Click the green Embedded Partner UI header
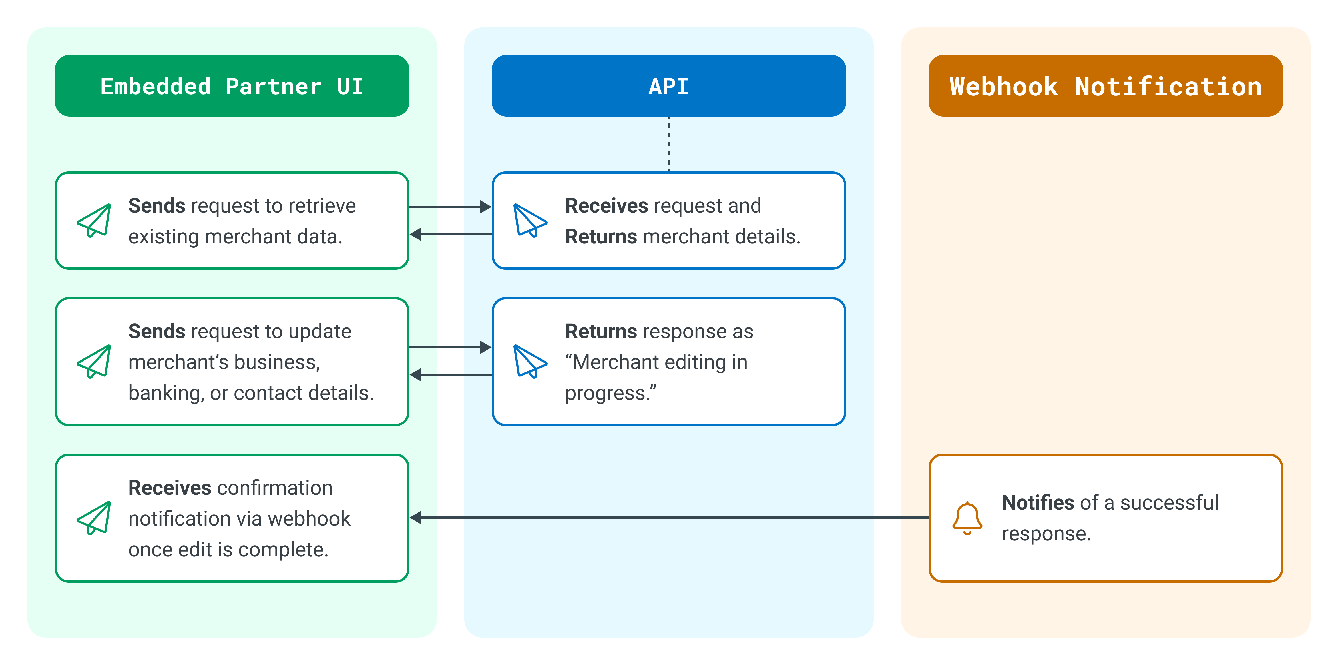232,86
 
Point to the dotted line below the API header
669,144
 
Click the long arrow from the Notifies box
669,518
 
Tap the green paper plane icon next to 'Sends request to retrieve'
94,220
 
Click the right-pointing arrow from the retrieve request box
450,207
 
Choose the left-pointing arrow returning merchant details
450,234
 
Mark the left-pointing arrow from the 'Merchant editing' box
450,374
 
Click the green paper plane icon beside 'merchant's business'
94,361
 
